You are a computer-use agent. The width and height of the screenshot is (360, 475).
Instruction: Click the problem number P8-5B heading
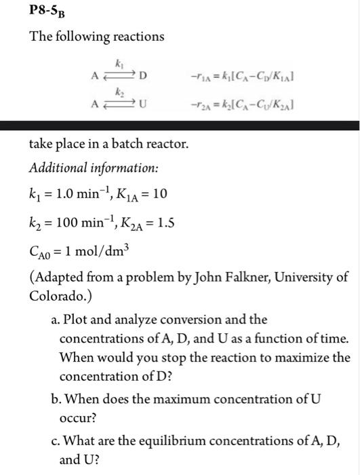(49, 12)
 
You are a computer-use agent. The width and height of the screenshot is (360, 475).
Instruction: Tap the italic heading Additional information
(83, 168)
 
